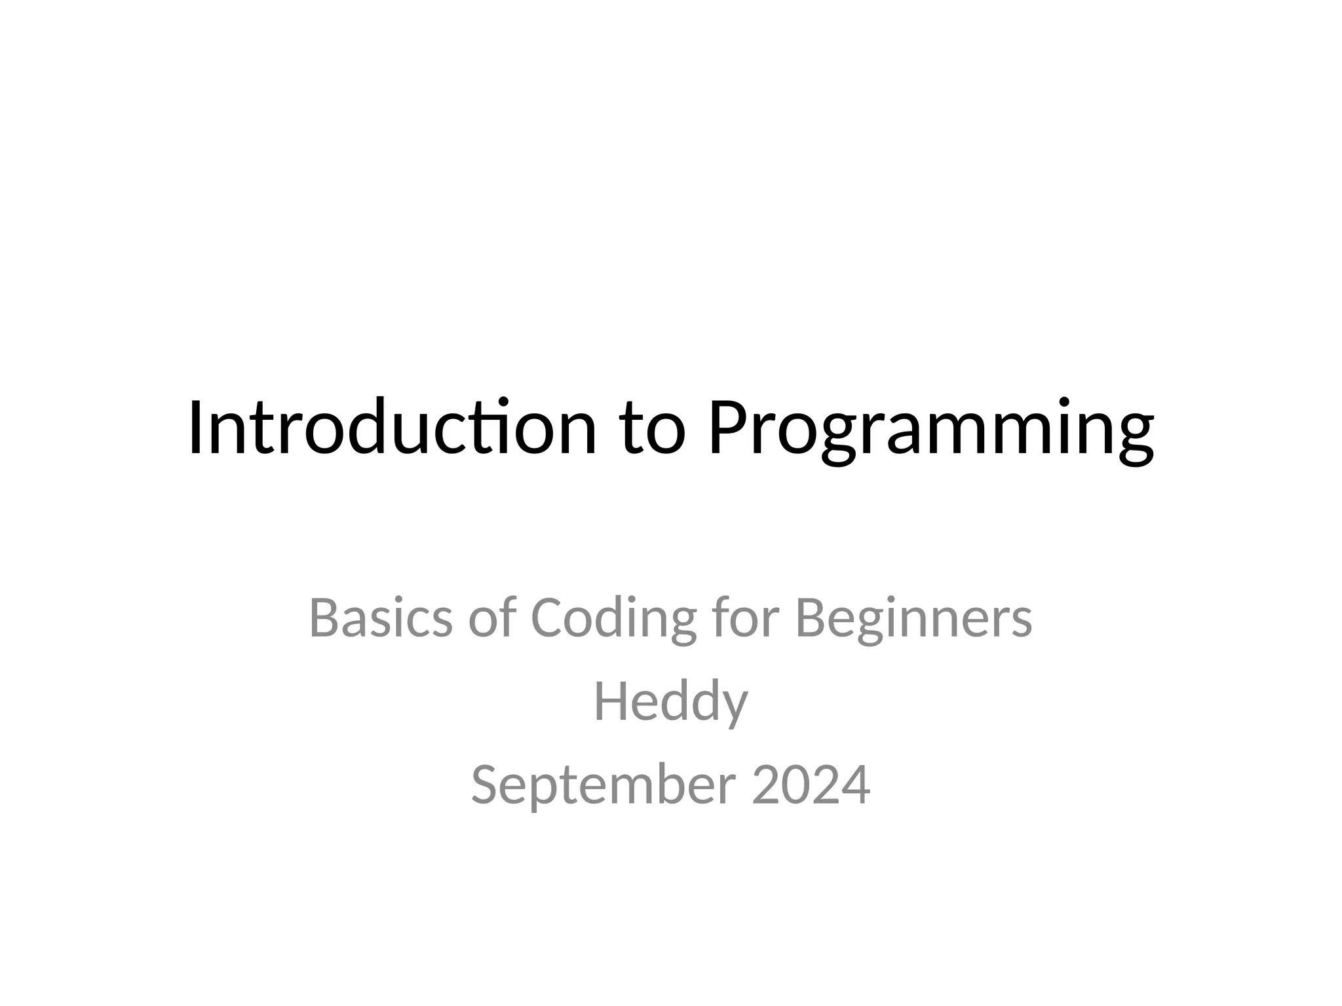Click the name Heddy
click(670, 701)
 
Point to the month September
click(603, 785)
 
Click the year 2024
click(811, 785)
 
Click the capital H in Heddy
click(609, 701)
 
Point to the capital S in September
click(487, 785)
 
